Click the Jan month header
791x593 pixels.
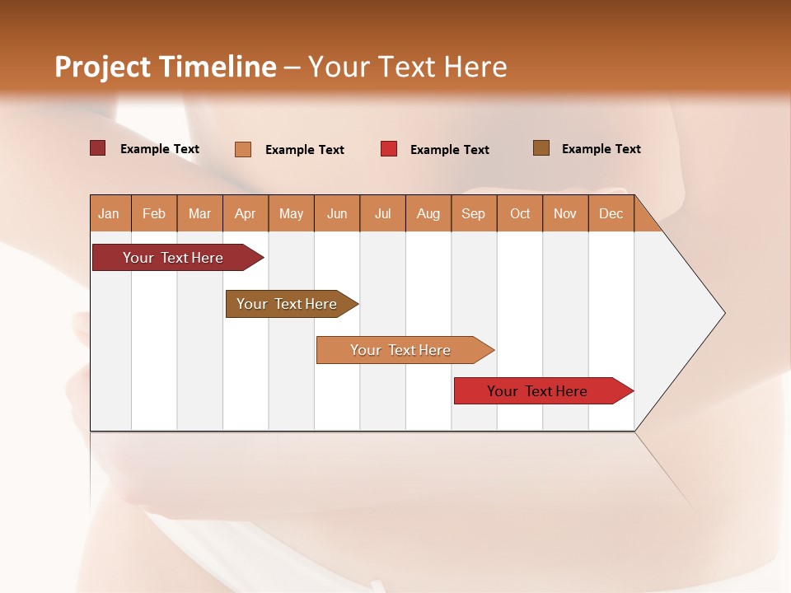[x=110, y=213]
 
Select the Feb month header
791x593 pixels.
[x=154, y=213]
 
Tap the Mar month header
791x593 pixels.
[x=199, y=213]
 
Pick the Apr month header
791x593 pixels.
[x=246, y=213]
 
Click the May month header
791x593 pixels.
[x=291, y=213]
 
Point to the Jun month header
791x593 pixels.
[x=337, y=213]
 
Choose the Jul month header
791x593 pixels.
[x=382, y=213]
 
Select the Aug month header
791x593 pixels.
[x=428, y=213]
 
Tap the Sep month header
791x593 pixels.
[x=474, y=213]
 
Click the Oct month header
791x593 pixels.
[x=520, y=213]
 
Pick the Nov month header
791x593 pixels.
[x=565, y=213]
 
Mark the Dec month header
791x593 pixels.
[x=611, y=213]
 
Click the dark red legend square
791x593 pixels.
[x=98, y=148]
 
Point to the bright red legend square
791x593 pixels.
[x=389, y=149]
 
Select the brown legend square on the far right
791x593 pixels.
[x=541, y=148]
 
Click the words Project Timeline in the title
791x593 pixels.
[x=166, y=67]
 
